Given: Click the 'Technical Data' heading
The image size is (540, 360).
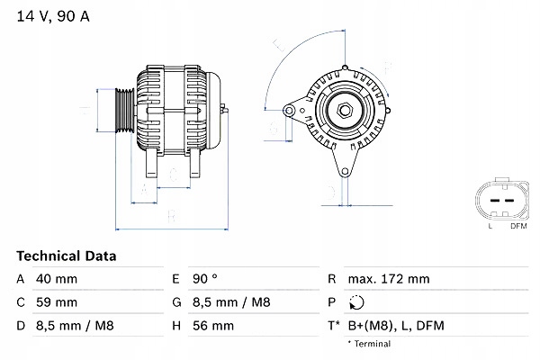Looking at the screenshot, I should click(x=67, y=256).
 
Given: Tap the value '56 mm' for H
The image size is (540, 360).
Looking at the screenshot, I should click(x=216, y=325).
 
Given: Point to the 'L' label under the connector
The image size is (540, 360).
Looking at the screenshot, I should click(x=490, y=226).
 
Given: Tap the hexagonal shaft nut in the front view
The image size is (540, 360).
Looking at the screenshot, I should click(x=345, y=111).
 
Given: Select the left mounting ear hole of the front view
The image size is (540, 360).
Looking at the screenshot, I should click(x=290, y=111).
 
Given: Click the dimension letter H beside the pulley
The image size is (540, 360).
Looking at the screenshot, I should click(x=83, y=112).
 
